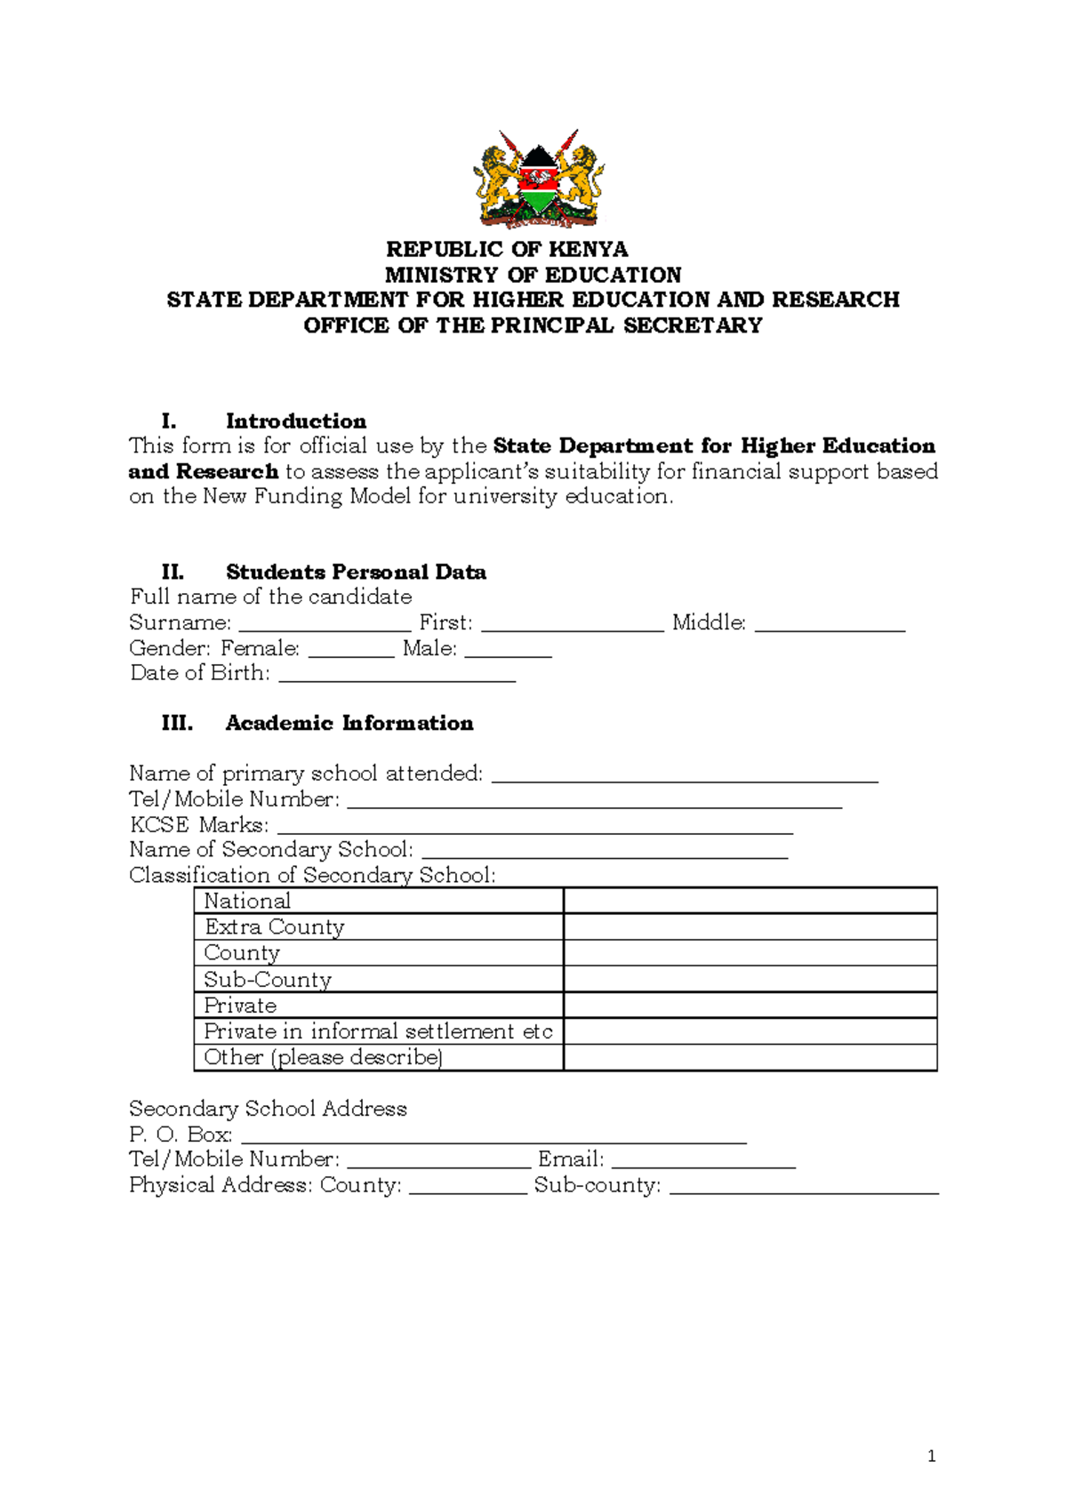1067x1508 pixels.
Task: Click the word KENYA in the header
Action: pyautogui.click(x=588, y=249)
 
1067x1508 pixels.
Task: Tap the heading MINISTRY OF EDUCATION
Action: pyautogui.click(x=533, y=275)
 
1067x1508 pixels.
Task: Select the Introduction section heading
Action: pyautogui.click(x=295, y=421)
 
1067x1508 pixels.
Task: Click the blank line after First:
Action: pyautogui.click(x=572, y=624)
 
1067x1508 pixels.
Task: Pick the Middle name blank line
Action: pyautogui.click(x=829, y=624)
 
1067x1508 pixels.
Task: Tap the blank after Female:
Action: pyautogui.click(x=351, y=650)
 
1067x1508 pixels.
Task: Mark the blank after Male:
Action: pyautogui.click(x=508, y=650)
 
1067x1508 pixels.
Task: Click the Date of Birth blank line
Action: pyautogui.click(x=397, y=675)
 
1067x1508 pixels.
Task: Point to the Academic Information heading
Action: pyautogui.click(x=349, y=723)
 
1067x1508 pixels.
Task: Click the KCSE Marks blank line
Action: pyautogui.click(x=534, y=827)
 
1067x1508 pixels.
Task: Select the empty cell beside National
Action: pyautogui.click(x=750, y=901)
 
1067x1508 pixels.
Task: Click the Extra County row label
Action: pyautogui.click(x=274, y=926)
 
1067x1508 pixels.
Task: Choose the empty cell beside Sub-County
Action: pyautogui.click(x=750, y=979)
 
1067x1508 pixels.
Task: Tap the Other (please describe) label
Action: pyautogui.click(x=323, y=1057)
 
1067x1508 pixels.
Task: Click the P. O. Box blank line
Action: pyautogui.click(x=493, y=1136)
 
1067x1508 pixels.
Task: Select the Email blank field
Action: pyautogui.click(x=702, y=1161)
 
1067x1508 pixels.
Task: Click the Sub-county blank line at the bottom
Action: pyautogui.click(x=804, y=1187)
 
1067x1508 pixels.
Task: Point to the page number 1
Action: pyautogui.click(x=931, y=1456)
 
